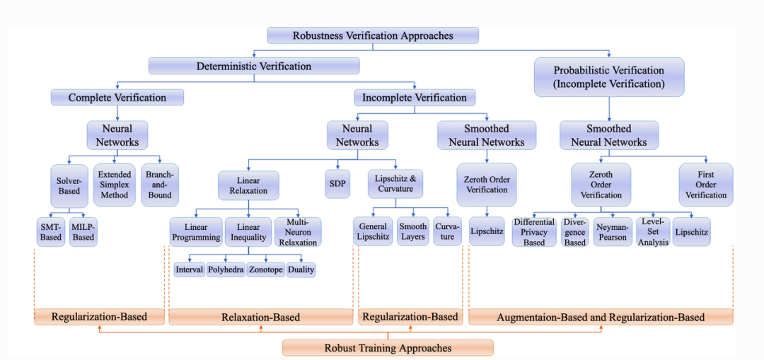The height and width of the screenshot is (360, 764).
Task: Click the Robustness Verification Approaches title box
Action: click(x=373, y=35)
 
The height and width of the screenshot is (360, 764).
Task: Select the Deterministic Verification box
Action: click(x=253, y=66)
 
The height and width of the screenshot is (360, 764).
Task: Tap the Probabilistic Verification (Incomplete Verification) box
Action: click(x=608, y=76)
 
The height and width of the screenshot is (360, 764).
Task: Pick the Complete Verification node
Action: click(x=117, y=98)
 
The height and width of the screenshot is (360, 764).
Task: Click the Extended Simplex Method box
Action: click(x=115, y=184)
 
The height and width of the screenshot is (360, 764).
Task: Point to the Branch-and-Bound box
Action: click(x=161, y=184)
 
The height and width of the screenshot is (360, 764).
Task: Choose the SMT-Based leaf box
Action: click(x=50, y=232)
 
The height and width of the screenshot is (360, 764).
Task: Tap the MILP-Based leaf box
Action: click(x=83, y=232)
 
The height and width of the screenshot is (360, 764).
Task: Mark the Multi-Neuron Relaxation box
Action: click(x=298, y=232)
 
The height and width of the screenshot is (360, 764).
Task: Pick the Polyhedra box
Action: click(x=226, y=269)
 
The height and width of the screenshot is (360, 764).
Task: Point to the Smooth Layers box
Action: click(x=412, y=231)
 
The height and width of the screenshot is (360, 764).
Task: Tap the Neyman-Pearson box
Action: click(x=613, y=232)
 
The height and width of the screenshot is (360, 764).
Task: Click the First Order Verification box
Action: click(x=705, y=184)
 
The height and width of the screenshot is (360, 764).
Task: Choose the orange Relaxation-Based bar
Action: click(x=260, y=317)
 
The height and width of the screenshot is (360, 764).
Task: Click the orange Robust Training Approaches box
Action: click(x=388, y=347)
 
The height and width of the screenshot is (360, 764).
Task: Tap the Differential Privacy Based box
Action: click(x=534, y=232)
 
